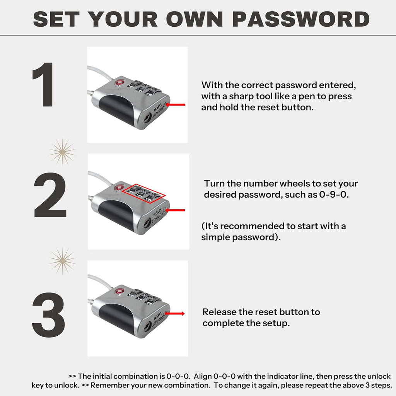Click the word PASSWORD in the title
301,19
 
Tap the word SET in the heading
56,19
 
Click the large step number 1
43,84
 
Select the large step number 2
50,195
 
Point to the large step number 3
48,315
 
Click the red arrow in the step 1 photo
175,104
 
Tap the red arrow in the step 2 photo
175,210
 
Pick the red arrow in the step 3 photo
175,314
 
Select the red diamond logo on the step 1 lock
119,82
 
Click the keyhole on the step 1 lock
147,118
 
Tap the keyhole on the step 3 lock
148,327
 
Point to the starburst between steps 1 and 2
62,152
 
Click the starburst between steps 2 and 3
62,261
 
